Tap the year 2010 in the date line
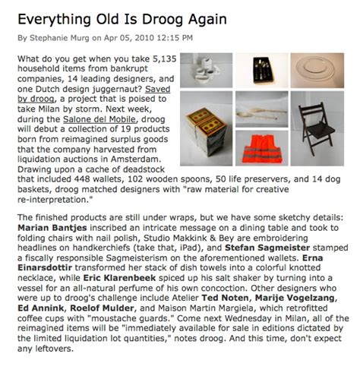point(149,36)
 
